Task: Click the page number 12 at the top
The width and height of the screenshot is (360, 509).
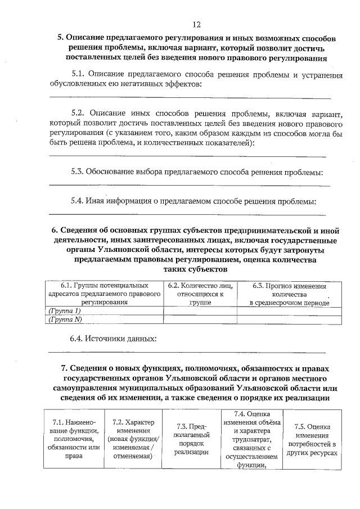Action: (x=196, y=24)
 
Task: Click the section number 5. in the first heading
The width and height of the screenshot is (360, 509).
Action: (x=61, y=38)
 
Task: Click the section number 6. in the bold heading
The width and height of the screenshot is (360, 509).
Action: (x=55, y=231)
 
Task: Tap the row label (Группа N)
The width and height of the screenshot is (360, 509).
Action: (x=66, y=319)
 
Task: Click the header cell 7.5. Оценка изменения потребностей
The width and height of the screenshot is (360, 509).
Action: (x=311, y=439)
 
